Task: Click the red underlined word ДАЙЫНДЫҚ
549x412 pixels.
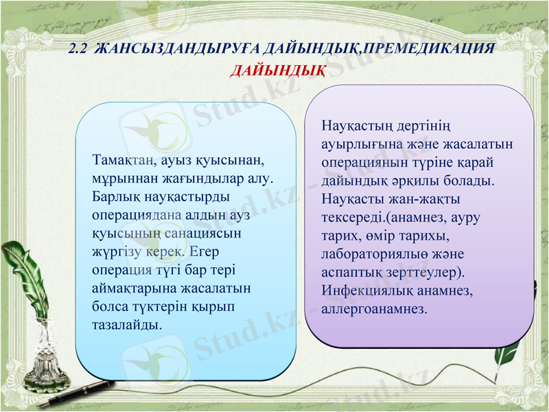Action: [277, 71]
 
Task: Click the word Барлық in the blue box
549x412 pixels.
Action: [112, 196]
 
